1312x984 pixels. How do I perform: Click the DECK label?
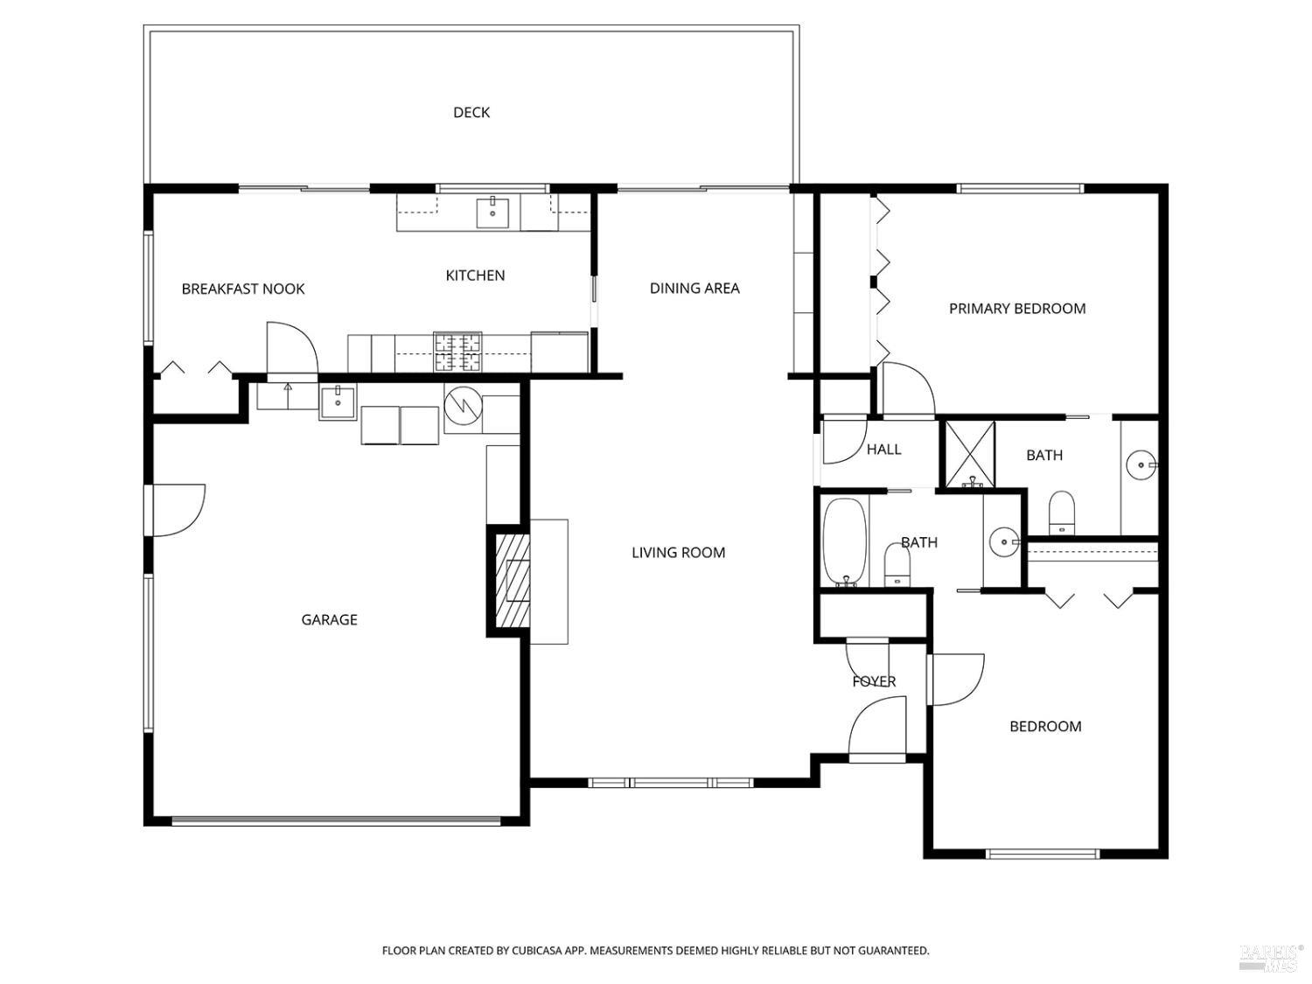(471, 112)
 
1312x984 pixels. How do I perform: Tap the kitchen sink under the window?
(492, 213)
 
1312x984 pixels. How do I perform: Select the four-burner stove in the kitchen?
(457, 352)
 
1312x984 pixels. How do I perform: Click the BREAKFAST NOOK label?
(242, 290)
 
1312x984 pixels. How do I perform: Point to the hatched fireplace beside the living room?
(513, 580)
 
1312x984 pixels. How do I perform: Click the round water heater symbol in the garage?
(464, 406)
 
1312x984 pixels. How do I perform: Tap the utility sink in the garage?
(338, 402)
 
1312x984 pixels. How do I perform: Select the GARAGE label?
(329, 619)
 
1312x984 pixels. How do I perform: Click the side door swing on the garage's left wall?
(179, 510)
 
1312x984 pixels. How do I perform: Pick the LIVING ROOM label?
(679, 553)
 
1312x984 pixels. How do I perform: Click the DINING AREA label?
(694, 288)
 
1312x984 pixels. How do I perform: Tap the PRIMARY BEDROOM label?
(1017, 308)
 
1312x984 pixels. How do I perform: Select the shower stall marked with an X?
(969, 454)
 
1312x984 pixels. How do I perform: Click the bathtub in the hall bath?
(845, 542)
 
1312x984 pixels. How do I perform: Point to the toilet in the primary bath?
(1062, 512)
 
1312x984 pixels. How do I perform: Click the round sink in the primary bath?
(1141, 464)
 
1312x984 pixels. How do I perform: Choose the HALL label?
(883, 450)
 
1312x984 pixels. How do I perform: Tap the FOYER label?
(874, 681)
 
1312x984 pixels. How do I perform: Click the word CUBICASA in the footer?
(537, 950)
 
